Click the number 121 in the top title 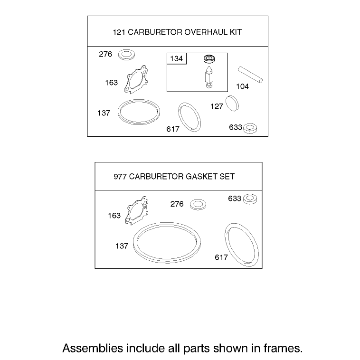coord(119,32)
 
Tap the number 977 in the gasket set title coord(120,177)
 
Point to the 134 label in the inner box coord(176,58)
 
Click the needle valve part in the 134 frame coord(209,76)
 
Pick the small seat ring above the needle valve coord(209,59)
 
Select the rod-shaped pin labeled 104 coord(250,75)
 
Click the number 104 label coord(242,86)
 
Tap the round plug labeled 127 coord(232,104)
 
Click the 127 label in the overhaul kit coord(217,106)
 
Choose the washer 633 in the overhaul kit coord(250,128)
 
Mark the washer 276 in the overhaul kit coord(126,55)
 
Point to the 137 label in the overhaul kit coord(104,113)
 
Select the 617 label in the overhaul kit coord(173,129)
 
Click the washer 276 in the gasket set coord(198,204)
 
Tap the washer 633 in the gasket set coord(250,199)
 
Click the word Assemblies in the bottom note coord(93,348)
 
